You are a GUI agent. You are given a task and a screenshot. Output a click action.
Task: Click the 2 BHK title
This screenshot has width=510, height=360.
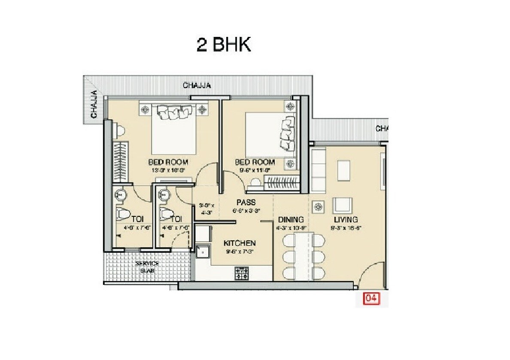tap(223, 45)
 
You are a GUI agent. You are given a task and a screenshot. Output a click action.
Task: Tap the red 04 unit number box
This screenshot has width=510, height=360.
tap(372, 298)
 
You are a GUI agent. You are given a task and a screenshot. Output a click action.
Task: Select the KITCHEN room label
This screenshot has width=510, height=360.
tap(240, 243)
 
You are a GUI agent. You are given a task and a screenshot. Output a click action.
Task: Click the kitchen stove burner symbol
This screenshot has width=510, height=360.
tap(241, 273)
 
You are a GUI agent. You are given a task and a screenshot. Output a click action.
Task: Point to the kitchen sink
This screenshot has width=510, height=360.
tap(202, 252)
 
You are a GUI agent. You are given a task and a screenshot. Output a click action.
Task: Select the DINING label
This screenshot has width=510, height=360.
tap(291, 220)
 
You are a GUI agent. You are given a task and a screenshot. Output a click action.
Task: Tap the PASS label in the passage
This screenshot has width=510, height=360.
tap(246, 203)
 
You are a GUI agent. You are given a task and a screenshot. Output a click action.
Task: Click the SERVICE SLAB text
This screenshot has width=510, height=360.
tap(147, 266)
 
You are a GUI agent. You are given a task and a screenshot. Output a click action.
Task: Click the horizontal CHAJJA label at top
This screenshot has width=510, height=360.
tap(197, 85)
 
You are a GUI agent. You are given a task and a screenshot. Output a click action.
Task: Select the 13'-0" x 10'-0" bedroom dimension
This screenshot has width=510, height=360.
tap(168, 170)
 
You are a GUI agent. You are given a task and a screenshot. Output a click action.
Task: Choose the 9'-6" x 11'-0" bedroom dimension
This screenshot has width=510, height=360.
tap(255, 170)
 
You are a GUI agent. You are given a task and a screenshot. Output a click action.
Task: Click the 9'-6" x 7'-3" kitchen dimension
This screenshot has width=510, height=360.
tap(240, 251)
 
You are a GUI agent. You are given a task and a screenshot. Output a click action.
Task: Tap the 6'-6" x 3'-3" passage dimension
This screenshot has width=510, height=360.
tap(246, 211)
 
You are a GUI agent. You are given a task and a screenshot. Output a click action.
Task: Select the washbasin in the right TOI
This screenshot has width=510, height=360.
tap(163, 195)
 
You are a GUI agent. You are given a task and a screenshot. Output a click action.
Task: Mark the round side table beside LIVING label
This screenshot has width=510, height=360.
tap(318, 207)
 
